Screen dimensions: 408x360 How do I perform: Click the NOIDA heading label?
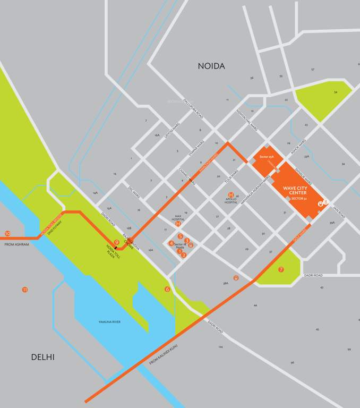pyautogui.click(x=211, y=66)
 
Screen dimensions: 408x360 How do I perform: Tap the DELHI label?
pyautogui.click(x=42, y=357)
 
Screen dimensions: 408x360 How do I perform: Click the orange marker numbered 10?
pyautogui.click(x=7, y=233)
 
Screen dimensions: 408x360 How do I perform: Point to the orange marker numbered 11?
pyautogui.click(x=24, y=290)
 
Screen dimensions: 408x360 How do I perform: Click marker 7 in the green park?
pyautogui.click(x=281, y=269)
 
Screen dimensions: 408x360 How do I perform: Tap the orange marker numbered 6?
pyautogui.click(x=167, y=289)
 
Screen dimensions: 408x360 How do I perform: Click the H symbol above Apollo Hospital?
pyautogui.click(x=231, y=195)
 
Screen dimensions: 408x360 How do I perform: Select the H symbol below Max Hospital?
pyautogui.click(x=178, y=224)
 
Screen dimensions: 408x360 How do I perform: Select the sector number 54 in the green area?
pyautogui.click(x=335, y=92)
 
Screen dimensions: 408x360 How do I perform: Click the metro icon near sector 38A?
pyautogui.click(x=236, y=277)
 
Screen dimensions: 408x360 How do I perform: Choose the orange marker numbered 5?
pyautogui.click(x=181, y=236)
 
